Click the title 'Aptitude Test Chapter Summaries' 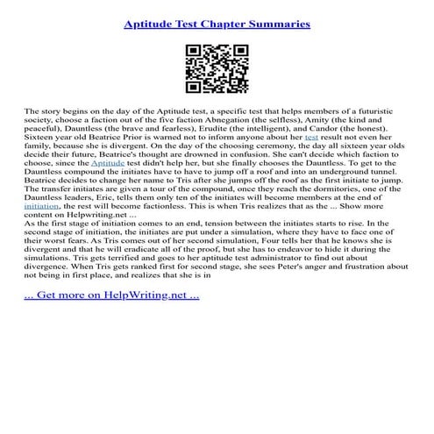[217, 24]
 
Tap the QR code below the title [217, 72]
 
